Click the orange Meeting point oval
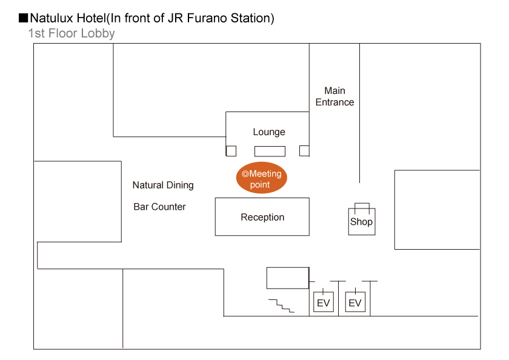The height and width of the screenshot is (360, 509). click(261, 179)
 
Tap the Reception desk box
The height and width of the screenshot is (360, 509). click(262, 217)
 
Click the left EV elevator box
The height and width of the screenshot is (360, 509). click(324, 302)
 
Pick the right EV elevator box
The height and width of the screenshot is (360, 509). click(355, 302)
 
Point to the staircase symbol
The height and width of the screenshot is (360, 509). click(282, 305)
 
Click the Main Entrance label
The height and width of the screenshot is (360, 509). click(334, 96)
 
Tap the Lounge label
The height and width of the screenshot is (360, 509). click(269, 132)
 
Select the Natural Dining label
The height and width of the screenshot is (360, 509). click(163, 185)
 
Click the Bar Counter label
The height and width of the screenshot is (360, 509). click(159, 207)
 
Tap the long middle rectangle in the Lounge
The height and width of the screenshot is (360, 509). click(270, 152)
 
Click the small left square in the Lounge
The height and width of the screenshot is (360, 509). click(231, 151)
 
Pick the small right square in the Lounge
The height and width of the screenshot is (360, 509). click(304, 151)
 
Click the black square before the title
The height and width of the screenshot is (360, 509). click(24, 18)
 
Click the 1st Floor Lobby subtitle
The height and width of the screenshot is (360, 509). click(72, 33)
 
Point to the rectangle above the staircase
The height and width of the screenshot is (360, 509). click(288, 278)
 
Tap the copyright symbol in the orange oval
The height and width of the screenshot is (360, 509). click(245, 174)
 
